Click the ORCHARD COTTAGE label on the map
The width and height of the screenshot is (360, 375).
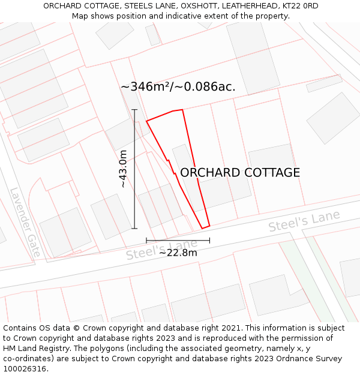pyautogui.click(x=240, y=173)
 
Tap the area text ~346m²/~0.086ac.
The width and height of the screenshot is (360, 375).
pyautogui.click(x=178, y=87)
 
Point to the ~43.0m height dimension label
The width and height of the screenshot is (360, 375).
pyautogui.click(x=123, y=169)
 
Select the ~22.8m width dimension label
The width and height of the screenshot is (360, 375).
pyautogui.click(x=178, y=253)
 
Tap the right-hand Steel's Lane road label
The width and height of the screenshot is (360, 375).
pyautogui.click(x=304, y=221)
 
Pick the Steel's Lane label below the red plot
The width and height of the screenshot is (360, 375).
pyautogui.click(x=161, y=250)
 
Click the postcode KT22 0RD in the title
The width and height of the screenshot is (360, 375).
pyautogui.click(x=298, y=6)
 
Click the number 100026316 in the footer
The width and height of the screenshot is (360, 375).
pyautogui.click(x=25, y=369)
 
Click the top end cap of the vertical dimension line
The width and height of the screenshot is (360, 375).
pyautogui.click(x=134, y=110)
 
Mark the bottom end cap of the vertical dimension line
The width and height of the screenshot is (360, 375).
pyautogui.click(x=134, y=228)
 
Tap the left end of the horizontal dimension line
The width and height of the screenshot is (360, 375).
pyautogui.click(x=146, y=241)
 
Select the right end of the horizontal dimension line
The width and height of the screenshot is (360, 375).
pyautogui.click(x=210, y=241)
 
